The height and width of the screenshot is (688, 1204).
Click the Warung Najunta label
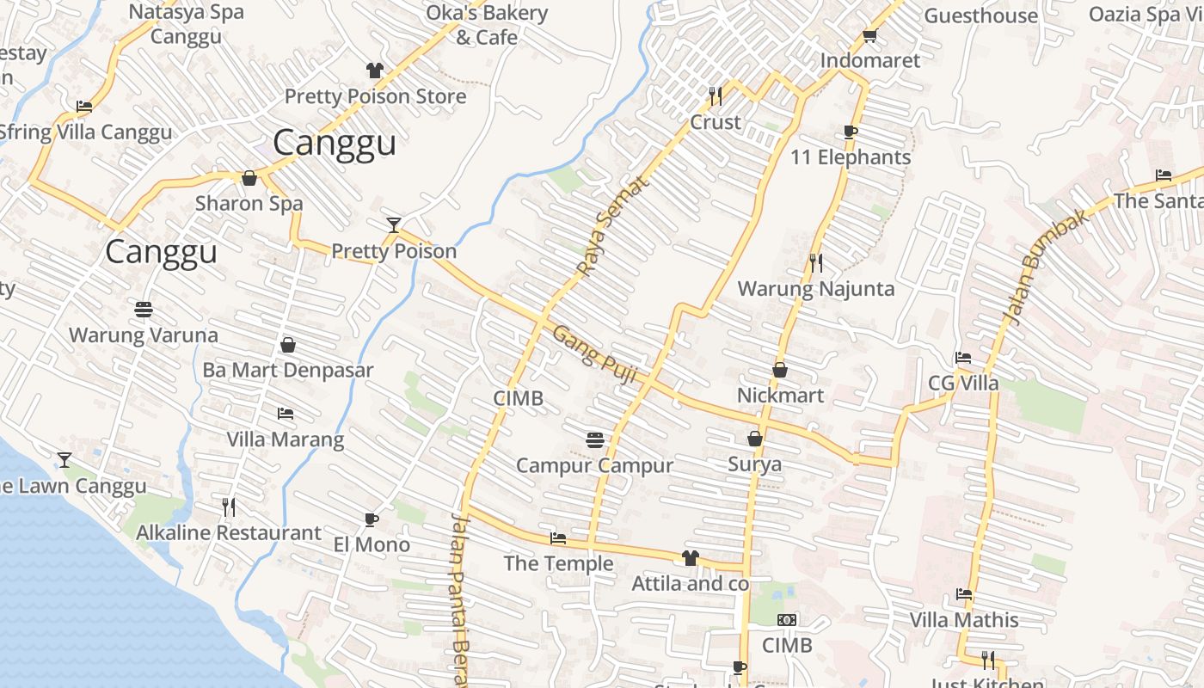(x=816, y=289)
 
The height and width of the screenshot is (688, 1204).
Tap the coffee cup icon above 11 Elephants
(x=850, y=132)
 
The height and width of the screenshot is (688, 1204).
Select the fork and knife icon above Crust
(x=715, y=95)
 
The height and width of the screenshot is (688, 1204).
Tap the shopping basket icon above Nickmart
(x=780, y=370)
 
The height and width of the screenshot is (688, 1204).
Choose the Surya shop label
(x=755, y=464)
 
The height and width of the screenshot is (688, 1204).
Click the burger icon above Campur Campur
(x=594, y=440)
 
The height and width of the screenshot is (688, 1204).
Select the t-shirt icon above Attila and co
(x=690, y=558)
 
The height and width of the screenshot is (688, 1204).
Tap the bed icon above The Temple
(x=558, y=539)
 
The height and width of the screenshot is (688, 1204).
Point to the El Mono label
(x=372, y=545)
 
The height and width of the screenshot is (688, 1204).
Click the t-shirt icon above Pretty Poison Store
(x=374, y=71)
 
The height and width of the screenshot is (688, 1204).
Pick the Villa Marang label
(x=285, y=439)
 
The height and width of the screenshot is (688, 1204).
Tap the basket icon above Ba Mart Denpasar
(x=288, y=345)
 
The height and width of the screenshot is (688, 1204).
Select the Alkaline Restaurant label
(x=229, y=533)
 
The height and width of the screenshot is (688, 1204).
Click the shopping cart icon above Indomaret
(x=869, y=36)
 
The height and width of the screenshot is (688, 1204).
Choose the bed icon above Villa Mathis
(x=964, y=594)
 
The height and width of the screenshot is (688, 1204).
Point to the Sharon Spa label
(x=249, y=204)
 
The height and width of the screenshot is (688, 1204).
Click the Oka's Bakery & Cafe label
(x=487, y=25)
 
